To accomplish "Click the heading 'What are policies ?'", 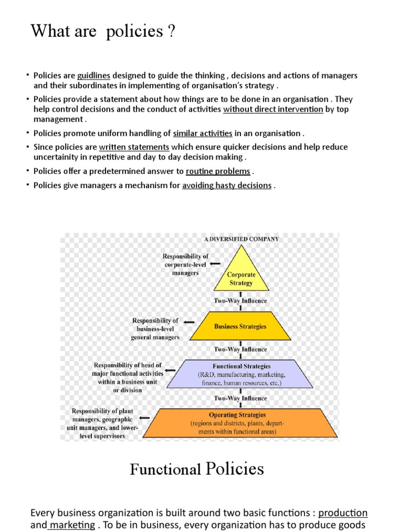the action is [103, 32].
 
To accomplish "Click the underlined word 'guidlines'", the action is [94, 76].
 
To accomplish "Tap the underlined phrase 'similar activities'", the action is [203, 134].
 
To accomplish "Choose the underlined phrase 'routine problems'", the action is [218, 171].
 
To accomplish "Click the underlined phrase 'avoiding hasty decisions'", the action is [227, 185].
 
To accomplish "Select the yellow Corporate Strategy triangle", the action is [241, 275].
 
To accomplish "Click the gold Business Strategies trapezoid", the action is [240, 327].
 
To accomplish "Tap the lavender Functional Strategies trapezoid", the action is [240, 375].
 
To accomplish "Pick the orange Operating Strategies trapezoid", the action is [237, 423].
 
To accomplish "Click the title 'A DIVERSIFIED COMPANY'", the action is [241, 239].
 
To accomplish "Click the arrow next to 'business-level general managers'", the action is [185, 322].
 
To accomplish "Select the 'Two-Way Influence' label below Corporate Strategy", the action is [241, 301].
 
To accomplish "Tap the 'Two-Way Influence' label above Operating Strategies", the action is [241, 398].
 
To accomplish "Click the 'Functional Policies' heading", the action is [197, 470].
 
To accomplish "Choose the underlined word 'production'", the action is [343, 513].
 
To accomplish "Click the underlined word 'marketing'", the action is [72, 525].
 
